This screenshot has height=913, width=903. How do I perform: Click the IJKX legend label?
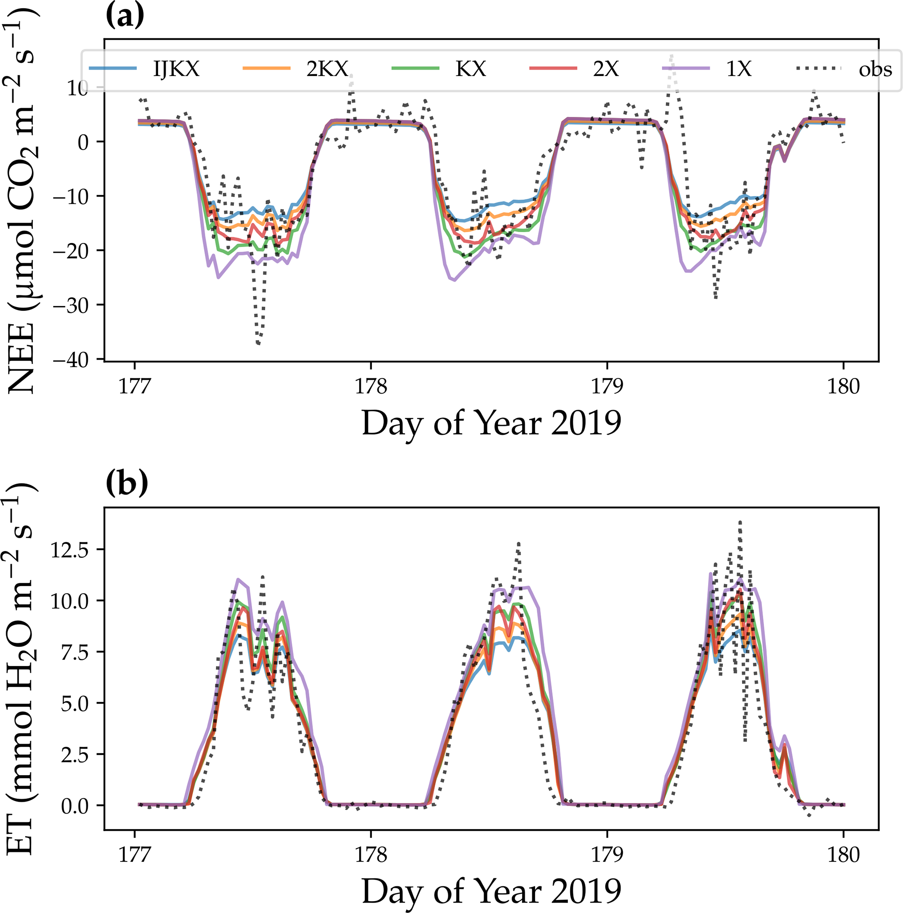coord(176,69)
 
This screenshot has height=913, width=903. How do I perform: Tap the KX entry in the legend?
coord(471,69)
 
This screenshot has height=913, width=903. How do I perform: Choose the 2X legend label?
coord(605,69)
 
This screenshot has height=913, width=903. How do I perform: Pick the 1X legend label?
coord(738,69)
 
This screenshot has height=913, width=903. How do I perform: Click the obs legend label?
coord(875,69)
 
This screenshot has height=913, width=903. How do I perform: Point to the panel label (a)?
coord(125,16)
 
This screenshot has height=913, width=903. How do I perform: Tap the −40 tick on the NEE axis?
coord(76,360)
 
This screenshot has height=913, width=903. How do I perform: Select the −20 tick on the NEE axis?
coord(76,251)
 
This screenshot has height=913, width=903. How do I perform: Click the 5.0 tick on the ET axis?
coord(76,704)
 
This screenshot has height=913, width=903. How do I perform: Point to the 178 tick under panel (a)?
coord(370,387)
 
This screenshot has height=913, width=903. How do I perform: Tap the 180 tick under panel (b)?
coord(843,855)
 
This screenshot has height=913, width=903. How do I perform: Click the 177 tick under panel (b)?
coord(135,855)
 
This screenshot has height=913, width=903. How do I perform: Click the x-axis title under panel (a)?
coord(491,423)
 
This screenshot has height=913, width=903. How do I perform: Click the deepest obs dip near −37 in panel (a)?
coord(258,343)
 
